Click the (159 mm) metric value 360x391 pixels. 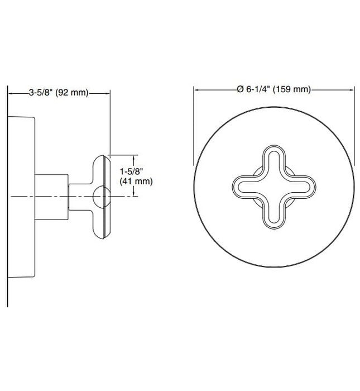point(295,89)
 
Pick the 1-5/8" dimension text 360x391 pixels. point(131,171)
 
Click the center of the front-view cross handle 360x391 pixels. point(273,188)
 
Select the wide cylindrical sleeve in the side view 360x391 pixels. point(51,195)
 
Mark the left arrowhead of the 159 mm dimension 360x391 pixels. point(196,89)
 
